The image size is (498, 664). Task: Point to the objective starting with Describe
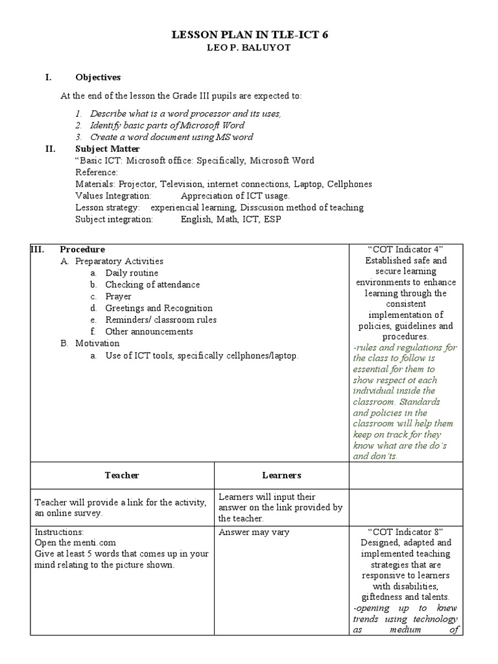pyautogui.click(x=185, y=113)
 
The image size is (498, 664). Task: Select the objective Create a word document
pyautogui.click(x=171, y=137)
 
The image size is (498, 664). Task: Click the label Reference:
pyautogui.click(x=97, y=172)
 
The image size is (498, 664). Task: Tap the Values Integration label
pyautogui.click(x=113, y=196)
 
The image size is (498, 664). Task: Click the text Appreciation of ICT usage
pyautogui.click(x=235, y=196)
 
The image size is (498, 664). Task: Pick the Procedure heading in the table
pyautogui.click(x=82, y=249)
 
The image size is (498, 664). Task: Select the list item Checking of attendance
pyautogui.click(x=152, y=285)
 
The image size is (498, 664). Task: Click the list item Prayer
pyautogui.click(x=118, y=296)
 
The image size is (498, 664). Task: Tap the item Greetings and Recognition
pyautogui.click(x=159, y=308)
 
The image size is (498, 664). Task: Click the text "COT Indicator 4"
pyautogui.click(x=405, y=250)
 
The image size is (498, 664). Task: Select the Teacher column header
pyautogui.click(x=122, y=475)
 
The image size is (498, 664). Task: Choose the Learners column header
pyautogui.click(x=281, y=475)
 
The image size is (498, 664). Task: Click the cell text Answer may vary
pyautogui.click(x=254, y=532)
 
